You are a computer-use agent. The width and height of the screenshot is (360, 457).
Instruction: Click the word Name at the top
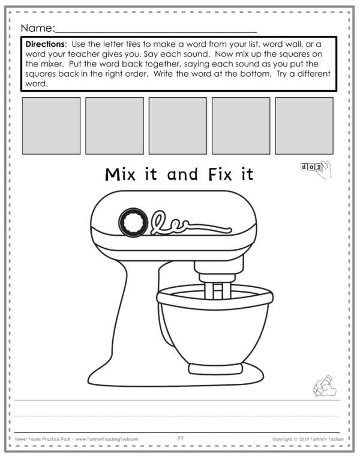(x=37, y=28)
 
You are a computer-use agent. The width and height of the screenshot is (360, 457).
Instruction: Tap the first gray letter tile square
(x=51, y=125)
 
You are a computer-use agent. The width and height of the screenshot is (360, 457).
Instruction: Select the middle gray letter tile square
(x=178, y=125)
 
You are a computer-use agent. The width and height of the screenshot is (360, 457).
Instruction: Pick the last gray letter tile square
(x=304, y=125)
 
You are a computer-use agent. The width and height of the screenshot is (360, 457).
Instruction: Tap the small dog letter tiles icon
(x=311, y=166)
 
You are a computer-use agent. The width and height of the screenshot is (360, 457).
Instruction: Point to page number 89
(x=180, y=439)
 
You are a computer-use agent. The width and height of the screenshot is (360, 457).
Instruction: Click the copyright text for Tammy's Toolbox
(x=308, y=439)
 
